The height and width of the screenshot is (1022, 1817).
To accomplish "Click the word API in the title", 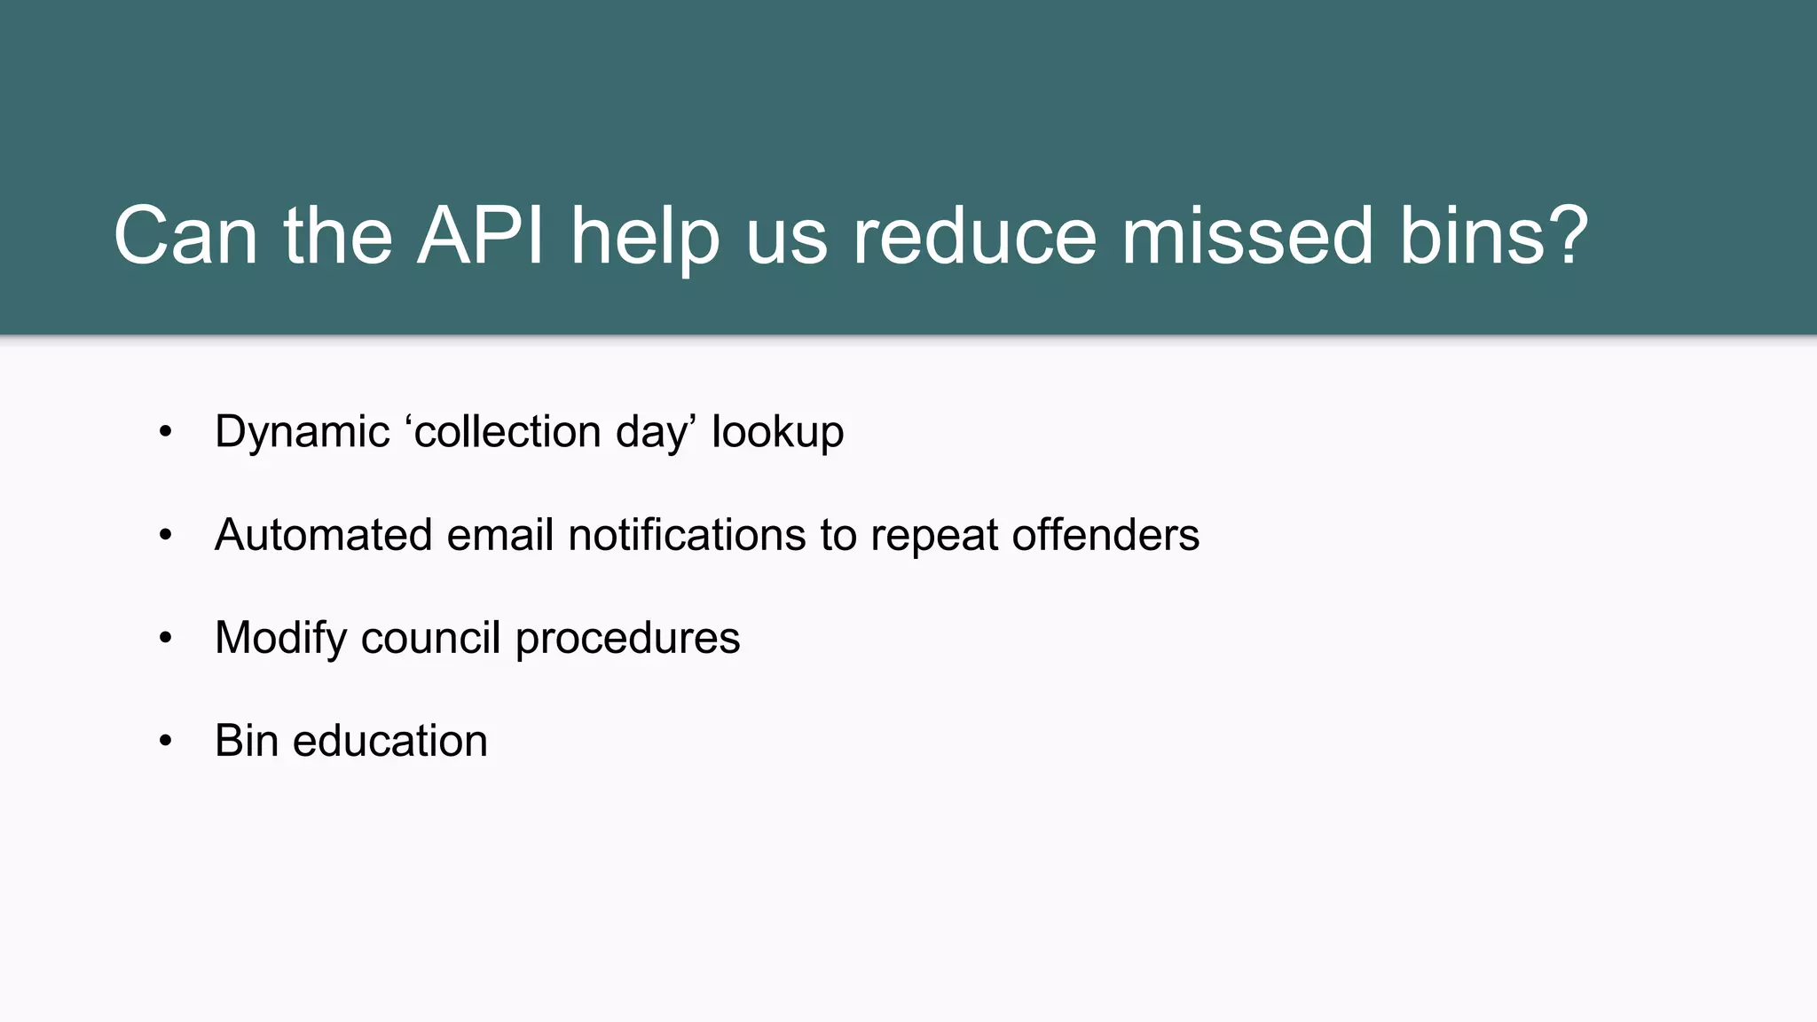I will pos(480,236).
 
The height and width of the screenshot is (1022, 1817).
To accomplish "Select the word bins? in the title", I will pos(1493,236).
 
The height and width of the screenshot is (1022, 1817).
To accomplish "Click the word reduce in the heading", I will pos(974,236).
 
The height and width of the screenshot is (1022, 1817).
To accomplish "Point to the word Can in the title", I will pos(185,236).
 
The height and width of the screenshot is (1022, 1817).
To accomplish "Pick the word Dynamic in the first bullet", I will pos(302,433).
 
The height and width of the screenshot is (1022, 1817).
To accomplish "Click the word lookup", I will pos(777,433).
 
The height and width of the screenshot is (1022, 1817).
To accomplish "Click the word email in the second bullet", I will pos(499,535).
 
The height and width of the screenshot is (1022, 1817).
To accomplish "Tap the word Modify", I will pos(280,639).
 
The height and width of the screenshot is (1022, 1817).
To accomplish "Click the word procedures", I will pos(627,639).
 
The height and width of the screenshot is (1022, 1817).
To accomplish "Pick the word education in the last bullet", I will pos(389,741).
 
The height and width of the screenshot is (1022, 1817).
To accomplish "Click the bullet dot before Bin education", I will pos(165,741).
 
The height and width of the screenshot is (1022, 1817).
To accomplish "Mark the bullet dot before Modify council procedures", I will pos(165,638).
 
